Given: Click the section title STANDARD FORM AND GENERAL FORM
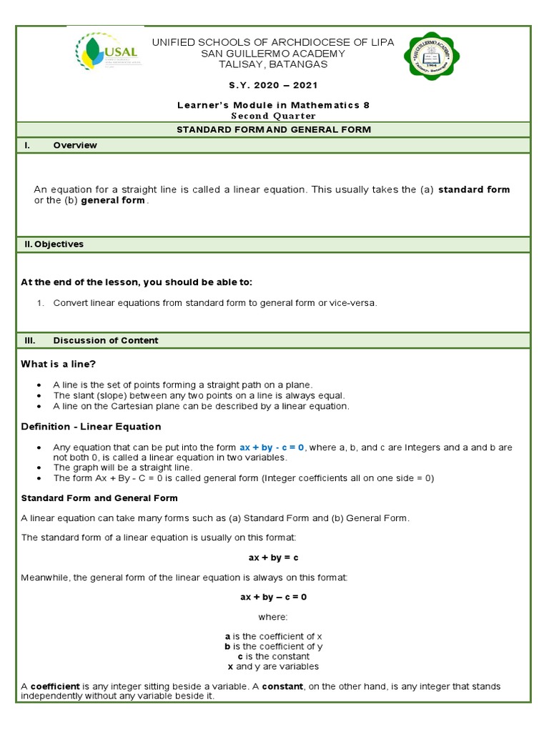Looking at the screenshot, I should [274, 129].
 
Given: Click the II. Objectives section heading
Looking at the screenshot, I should [54, 244].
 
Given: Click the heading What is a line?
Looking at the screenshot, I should [58, 365].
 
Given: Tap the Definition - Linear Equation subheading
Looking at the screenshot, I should [91, 426].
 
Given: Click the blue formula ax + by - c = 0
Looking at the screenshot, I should [272, 447].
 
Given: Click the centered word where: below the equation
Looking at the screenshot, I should [273, 616].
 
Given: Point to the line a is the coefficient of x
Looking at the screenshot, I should [274, 636].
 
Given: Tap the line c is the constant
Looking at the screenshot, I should [274, 656].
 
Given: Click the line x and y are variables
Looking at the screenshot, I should [274, 666].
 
